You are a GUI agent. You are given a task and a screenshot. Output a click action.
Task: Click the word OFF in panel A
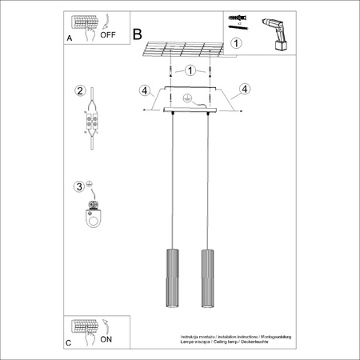[x=106, y=34]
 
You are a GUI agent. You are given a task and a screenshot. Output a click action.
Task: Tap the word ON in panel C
[x=106, y=338]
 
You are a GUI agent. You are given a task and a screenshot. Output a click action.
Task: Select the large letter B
[x=137, y=34]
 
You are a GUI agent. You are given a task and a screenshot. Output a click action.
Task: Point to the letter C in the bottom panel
[x=68, y=342]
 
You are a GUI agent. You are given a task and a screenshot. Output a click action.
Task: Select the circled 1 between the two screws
[x=190, y=70]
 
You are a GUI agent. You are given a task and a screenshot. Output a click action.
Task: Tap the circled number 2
[x=80, y=90]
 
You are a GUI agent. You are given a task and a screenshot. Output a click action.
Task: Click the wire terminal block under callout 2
[x=94, y=124]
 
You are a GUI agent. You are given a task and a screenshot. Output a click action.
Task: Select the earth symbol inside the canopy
[x=186, y=98]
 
